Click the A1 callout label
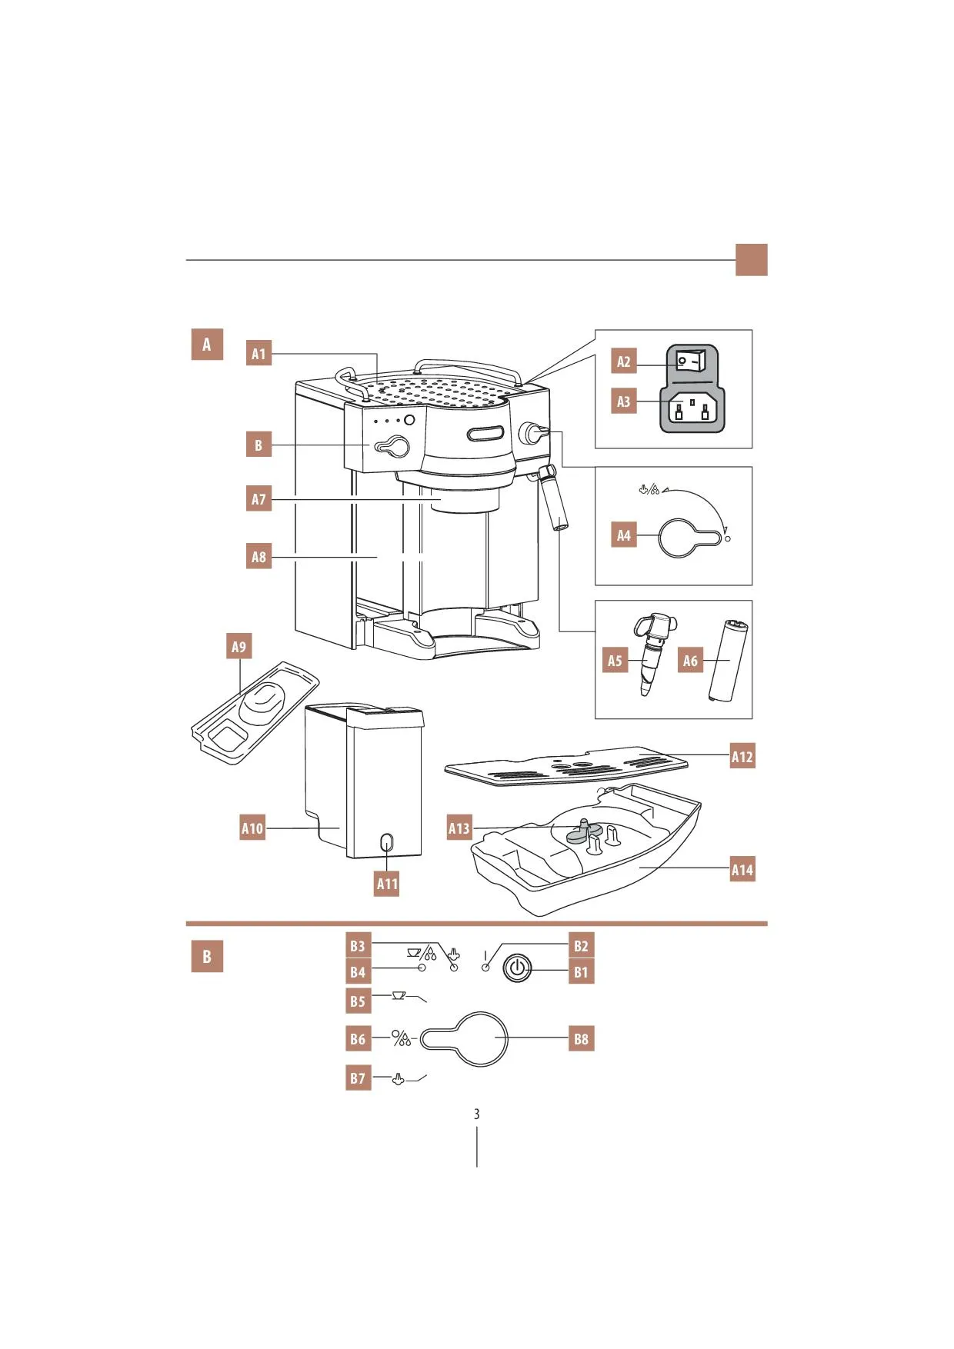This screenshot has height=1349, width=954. [259, 354]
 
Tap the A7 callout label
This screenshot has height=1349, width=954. [259, 499]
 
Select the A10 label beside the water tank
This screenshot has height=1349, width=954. [252, 828]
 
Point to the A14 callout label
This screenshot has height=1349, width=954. [742, 870]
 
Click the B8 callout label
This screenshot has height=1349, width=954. [581, 1039]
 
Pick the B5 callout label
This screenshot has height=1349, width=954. [358, 1001]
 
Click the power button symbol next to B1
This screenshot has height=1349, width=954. [517, 968]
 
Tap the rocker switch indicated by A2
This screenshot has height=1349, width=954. [690, 360]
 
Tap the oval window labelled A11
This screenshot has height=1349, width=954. [387, 842]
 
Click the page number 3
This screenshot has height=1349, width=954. [477, 1114]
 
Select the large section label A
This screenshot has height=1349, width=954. [207, 345]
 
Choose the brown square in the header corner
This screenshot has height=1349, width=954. [752, 260]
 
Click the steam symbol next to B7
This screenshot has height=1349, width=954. [398, 1079]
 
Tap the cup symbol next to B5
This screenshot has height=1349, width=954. [398, 995]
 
